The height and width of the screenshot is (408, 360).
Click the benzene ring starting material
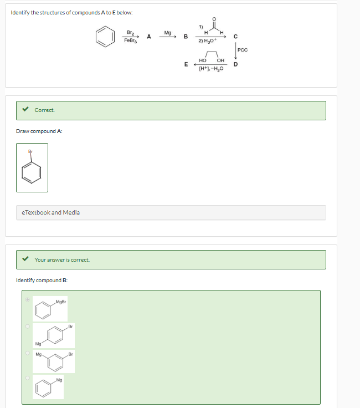(x=105, y=38)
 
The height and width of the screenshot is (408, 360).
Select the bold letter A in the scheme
(x=149, y=37)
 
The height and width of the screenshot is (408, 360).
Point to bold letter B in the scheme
(x=186, y=37)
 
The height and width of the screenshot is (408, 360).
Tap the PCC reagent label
(x=244, y=50)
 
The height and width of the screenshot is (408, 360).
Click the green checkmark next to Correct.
(x=25, y=110)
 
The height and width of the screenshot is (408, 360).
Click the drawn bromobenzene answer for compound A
(x=32, y=167)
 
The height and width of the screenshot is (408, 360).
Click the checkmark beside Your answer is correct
(x=25, y=259)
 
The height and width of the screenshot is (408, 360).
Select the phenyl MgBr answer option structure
(x=49, y=309)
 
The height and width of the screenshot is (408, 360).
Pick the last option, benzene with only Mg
(x=48, y=386)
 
